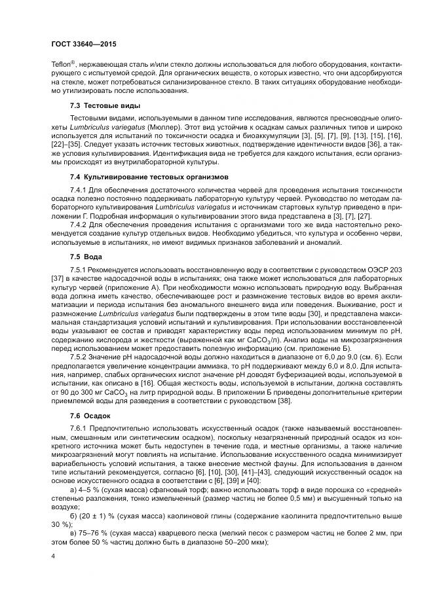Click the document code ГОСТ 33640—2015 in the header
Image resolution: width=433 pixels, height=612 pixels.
pos(84,44)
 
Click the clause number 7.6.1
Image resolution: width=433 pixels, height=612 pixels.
pos(78,427)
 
